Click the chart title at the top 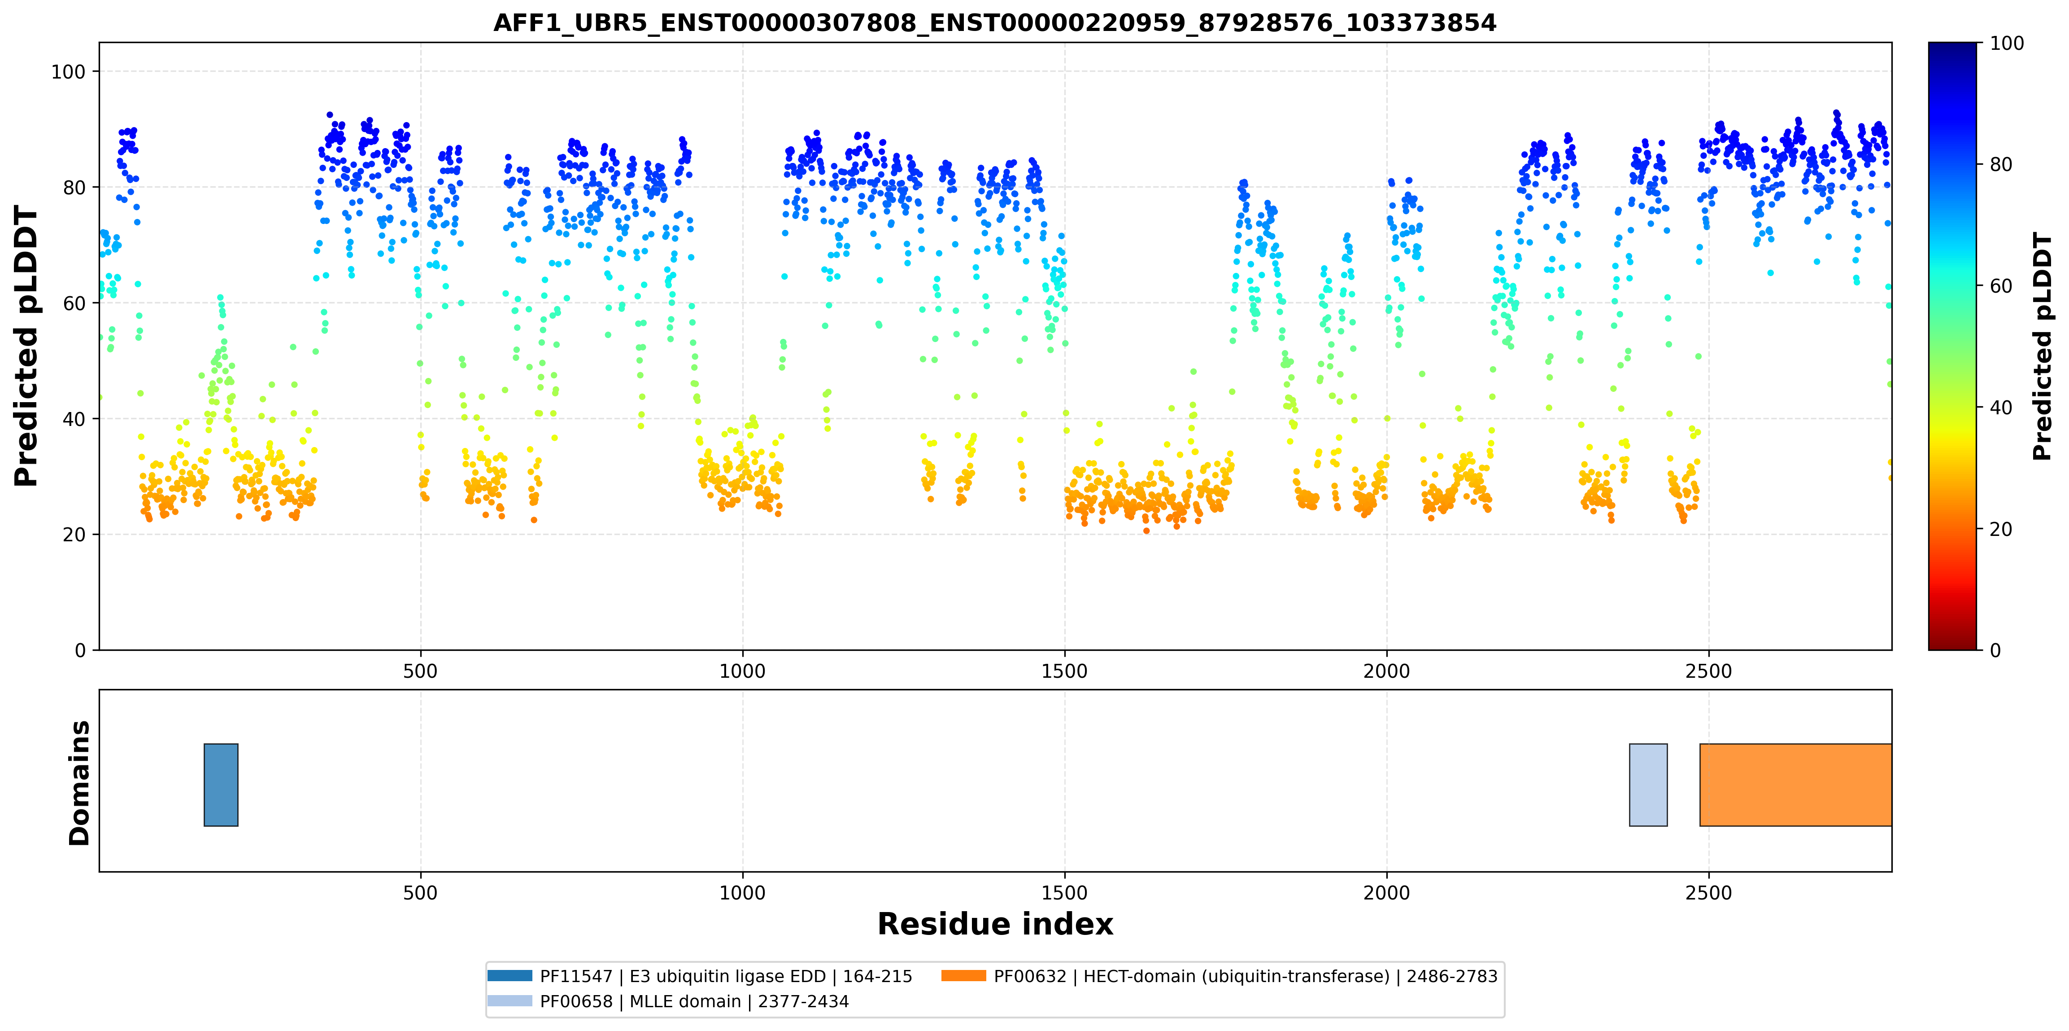click(994, 22)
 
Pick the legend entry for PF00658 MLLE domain click(668, 1001)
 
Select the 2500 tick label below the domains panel click(1708, 893)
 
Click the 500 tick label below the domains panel click(420, 893)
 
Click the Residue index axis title click(995, 924)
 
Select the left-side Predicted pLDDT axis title click(26, 347)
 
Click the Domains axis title click(79, 783)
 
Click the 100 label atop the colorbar click(2006, 44)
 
